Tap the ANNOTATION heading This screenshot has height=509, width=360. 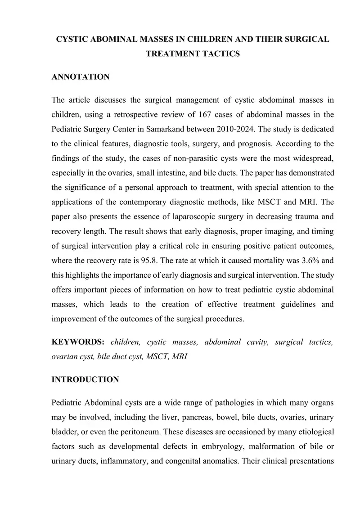point(81,77)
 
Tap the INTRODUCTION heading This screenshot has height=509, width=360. point(85,379)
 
